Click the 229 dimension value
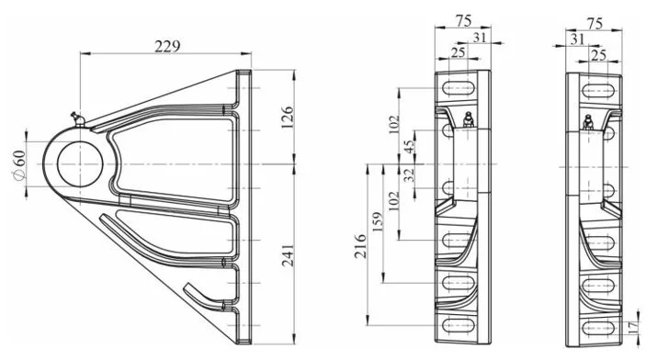click(x=167, y=46)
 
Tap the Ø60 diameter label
click(x=19, y=164)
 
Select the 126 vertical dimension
click(x=287, y=118)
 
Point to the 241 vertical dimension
click(x=288, y=255)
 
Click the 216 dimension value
click(x=360, y=246)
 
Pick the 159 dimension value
click(x=377, y=222)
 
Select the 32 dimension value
click(x=408, y=174)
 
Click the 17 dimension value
click(x=634, y=326)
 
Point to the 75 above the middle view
click(x=463, y=20)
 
